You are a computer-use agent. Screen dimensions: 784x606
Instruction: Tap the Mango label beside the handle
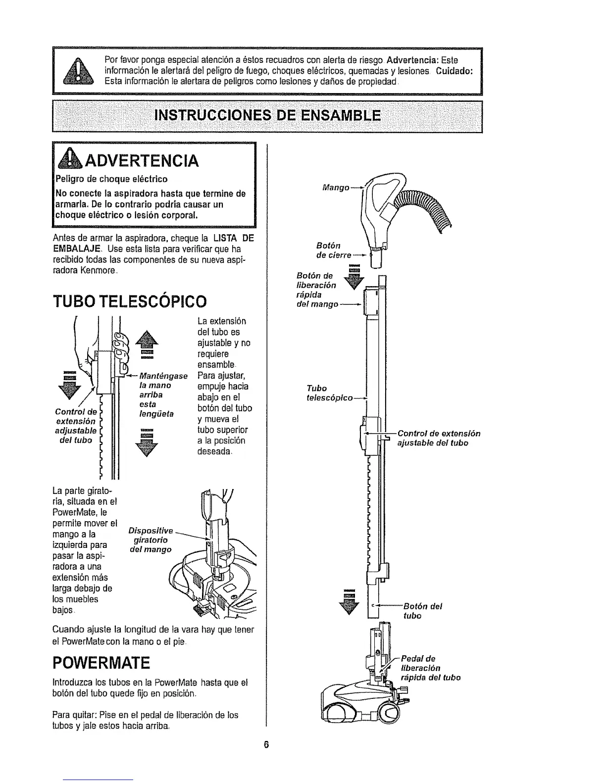pyautogui.click(x=336, y=188)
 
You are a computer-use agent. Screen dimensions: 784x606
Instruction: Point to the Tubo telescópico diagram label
pyautogui.click(x=330, y=392)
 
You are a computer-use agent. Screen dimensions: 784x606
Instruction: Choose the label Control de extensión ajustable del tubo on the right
pyautogui.click(x=439, y=438)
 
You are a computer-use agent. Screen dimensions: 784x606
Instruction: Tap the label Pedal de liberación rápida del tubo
pyautogui.click(x=429, y=668)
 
